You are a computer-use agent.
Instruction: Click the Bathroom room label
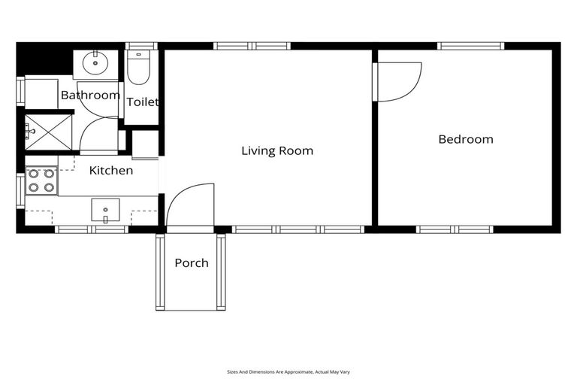click(90, 95)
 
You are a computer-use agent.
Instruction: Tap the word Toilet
click(142, 102)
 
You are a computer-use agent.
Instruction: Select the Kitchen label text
click(111, 171)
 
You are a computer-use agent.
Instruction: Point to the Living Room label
click(277, 151)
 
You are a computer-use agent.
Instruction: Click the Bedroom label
click(466, 139)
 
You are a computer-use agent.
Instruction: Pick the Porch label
click(192, 263)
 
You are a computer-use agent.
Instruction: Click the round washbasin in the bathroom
click(95, 63)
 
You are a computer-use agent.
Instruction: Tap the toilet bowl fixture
click(139, 68)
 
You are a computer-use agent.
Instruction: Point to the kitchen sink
click(105, 210)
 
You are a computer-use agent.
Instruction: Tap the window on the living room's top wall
click(252, 46)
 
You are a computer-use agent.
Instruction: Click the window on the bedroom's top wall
click(471, 46)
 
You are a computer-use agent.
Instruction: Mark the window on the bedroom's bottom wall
click(455, 229)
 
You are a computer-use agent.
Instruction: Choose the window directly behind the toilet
click(141, 46)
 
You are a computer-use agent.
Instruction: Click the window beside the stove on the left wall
click(20, 190)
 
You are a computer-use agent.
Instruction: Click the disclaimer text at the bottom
click(288, 371)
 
